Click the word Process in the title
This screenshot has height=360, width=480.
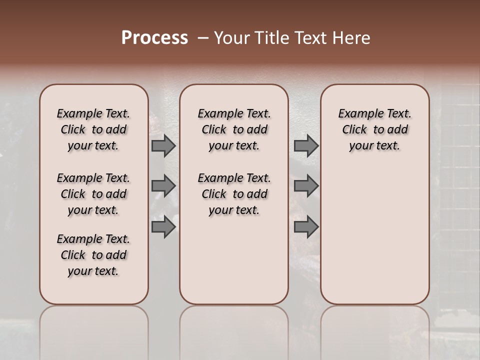click(x=154, y=38)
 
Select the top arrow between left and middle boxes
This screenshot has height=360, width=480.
click(x=163, y=146)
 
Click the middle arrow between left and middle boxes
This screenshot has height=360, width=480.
click(x=163, y=186)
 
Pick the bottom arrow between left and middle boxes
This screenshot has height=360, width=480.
click(x=163, y=227)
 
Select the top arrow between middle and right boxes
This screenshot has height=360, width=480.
click(x=306, y=146)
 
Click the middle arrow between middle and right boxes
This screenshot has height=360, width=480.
click(x=306, y=186)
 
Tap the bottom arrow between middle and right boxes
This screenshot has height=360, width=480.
click(x=306, y=227)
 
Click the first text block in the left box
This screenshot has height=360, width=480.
click(x=93, y=129)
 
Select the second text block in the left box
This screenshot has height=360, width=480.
click(x=93, y=194)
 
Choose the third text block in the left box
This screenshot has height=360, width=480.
click(x=93, y=255)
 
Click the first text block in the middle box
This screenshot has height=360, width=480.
click(x=234, y=129)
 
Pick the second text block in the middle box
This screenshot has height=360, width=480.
click(x=234, y=194)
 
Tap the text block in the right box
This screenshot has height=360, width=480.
click(x=374, y=129)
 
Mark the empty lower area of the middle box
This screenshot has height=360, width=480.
click(x=234, y=260)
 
